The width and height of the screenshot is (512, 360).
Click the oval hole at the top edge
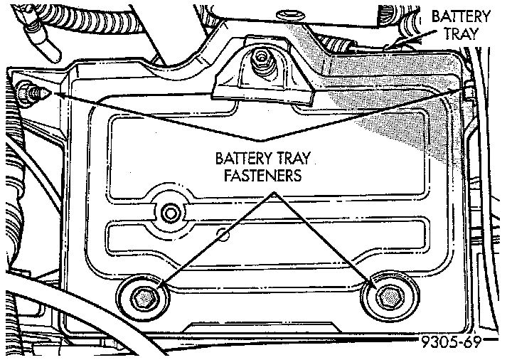pyautogui.click(x=288, y=14)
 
